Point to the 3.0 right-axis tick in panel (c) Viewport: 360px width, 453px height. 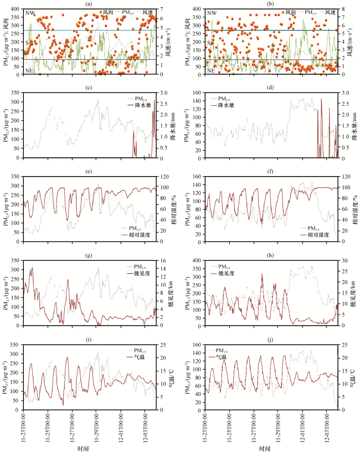pyautogui.click(x=163, y=93)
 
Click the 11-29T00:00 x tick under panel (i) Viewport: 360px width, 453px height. pyautogui.click(x=97, y=426)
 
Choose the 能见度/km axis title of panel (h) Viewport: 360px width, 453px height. pyautogui.click(x=352, y=292)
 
